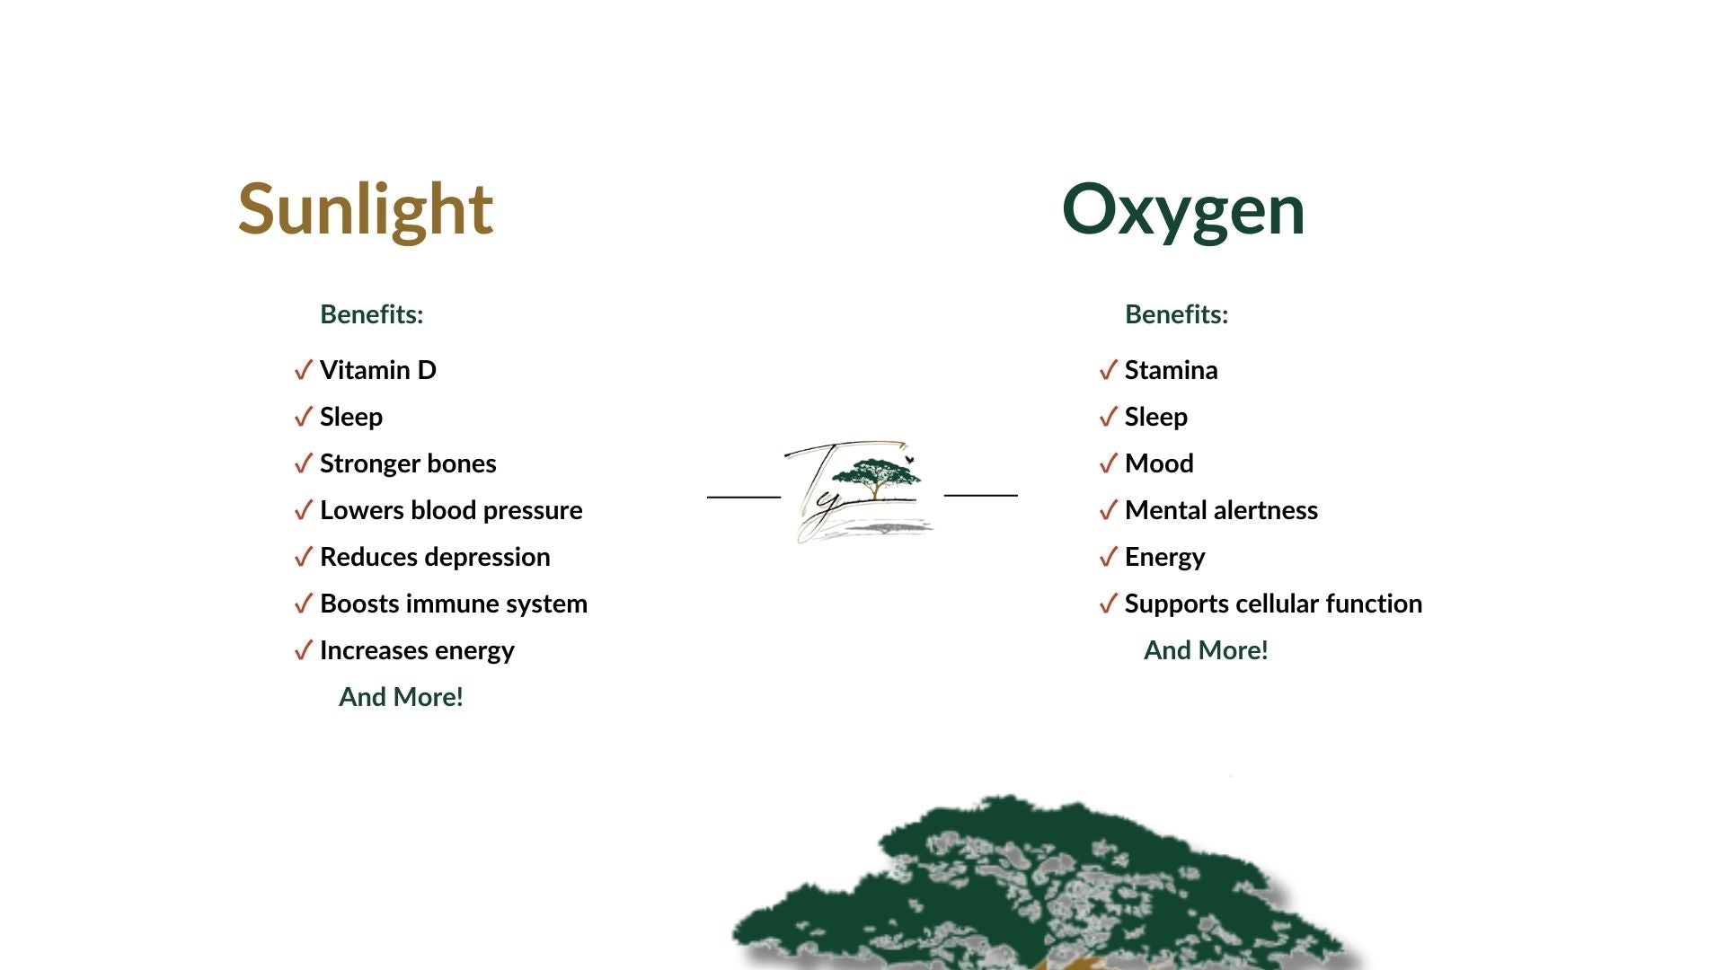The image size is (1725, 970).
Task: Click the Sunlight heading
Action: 366,210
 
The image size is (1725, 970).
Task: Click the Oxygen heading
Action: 1183,210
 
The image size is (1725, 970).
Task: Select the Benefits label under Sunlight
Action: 372,314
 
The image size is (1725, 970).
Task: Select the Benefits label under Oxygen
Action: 1177,314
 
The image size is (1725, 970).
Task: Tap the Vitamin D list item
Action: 378,370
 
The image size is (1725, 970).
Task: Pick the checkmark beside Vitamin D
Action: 304,370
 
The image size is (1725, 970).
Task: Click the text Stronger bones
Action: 408,463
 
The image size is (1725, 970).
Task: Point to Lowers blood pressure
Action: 451,510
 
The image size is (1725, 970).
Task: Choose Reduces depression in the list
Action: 435,557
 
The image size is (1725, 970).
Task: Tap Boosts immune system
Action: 454,604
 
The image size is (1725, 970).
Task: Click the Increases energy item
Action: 417,650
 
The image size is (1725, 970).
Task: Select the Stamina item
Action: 1172,370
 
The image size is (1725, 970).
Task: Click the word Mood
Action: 1159,463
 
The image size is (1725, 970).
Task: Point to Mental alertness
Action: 1221,510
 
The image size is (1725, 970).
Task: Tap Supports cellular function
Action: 1273,604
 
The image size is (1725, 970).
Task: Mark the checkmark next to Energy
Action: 1109,557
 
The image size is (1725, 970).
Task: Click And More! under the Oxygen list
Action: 1206,650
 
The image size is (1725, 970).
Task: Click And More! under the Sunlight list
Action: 401,697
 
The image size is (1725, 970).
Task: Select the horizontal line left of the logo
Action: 744,496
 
